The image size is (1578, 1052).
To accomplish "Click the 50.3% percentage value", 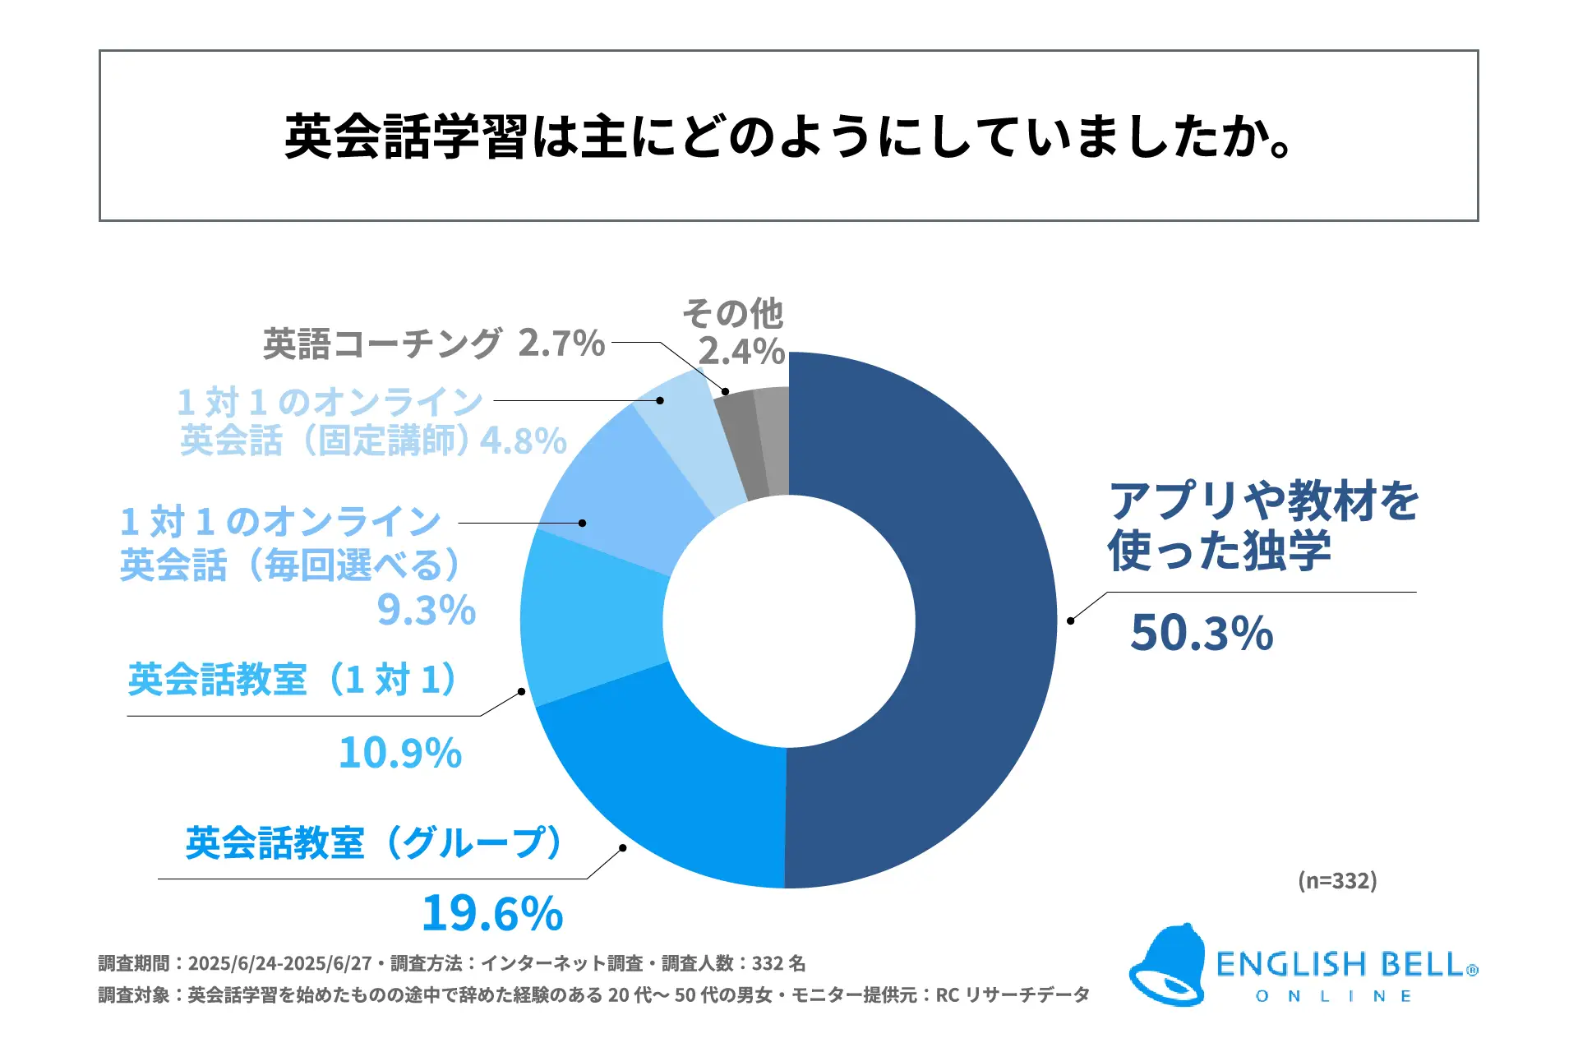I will (x=1202, y=634).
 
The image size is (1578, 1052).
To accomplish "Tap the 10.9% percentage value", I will (x=400, y=753).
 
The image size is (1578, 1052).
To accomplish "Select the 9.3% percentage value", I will (x=427, y=610).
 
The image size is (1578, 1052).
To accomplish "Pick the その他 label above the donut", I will (x=733, y=313).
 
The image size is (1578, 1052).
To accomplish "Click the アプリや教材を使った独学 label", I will (x=1262, y=526).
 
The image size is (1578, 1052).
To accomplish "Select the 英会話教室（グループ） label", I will (x=375, y=843).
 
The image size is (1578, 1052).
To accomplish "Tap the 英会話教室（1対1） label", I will (x=293, y=680).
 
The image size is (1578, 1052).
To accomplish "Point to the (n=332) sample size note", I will (x=1337, y=880).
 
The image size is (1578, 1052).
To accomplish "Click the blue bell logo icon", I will (x=1168, y=966).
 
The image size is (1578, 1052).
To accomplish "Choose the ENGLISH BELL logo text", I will (x=1341, y=965).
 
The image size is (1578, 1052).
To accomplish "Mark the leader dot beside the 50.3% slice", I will (x=1070, y=621).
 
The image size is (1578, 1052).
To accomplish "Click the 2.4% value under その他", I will (x=741, y=352).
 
